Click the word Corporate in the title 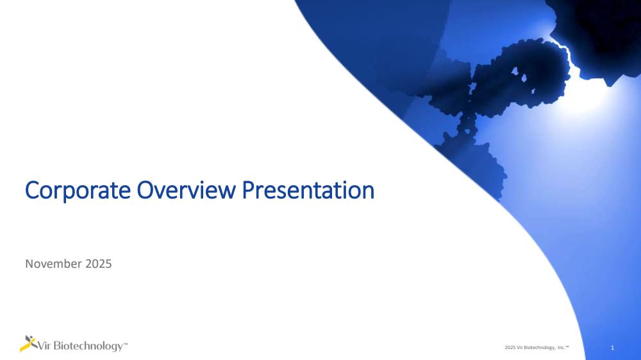[78, 190]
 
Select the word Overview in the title [186, 190]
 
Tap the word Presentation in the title [308, 190]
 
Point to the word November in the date [54, 263]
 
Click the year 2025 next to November [99, 263]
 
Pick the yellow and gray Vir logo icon [28, 343]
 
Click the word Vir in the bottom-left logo [45, 346]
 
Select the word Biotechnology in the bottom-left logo [88, 346]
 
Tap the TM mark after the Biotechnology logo [125, 344]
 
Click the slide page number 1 [612, 348]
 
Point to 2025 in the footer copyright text [510, 347]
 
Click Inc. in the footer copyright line [562, 347]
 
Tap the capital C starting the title [31, 190]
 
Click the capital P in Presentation [249, 190]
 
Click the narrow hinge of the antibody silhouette [467, 122]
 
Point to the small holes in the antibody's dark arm [519, 76]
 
